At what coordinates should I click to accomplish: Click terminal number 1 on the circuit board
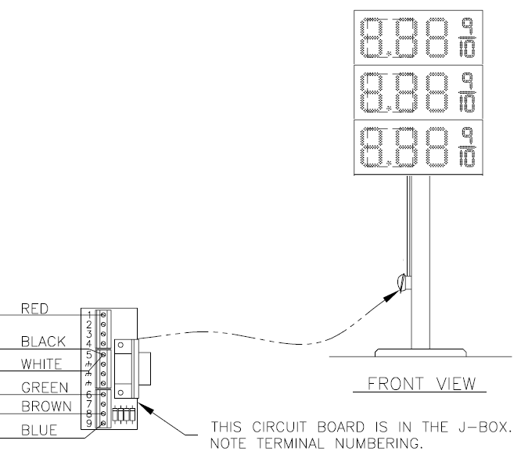click(x=91, y=315)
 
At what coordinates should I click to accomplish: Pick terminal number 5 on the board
click(x=91, y=353)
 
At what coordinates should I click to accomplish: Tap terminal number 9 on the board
click(x=91, y=423)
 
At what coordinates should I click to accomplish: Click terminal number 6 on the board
click(x=91, y=394)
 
